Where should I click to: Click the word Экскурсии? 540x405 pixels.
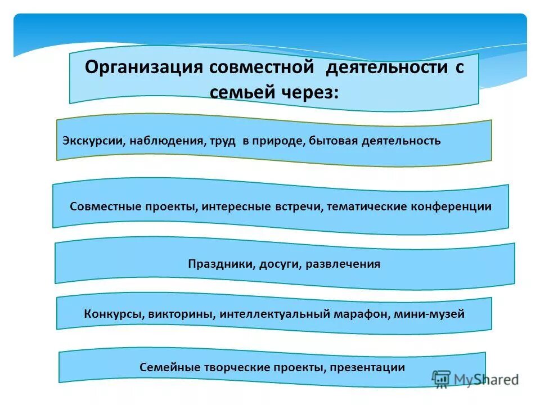(x=93, y=141)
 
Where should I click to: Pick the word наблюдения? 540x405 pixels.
(x=166, y=141)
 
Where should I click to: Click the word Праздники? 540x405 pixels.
(x=221, y=264)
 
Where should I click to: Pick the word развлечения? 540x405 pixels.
(x=343, y=264)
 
